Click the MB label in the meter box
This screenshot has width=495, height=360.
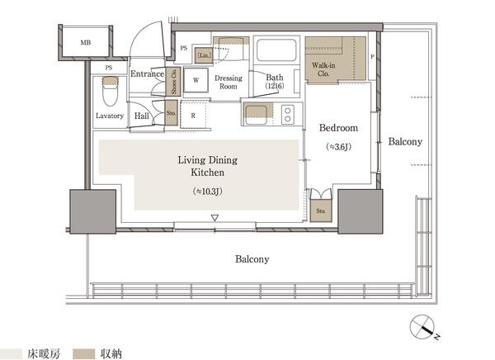pyautogui.click(x=85, y=42)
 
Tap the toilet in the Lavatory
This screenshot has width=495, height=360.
pyautogui.click(x=111, y=91)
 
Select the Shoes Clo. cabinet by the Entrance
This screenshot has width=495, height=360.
pyautogui.click(x=173, y=82)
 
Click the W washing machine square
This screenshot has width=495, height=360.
pyautogui.click(x=196, y=80)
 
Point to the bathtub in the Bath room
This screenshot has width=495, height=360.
pyautogui.click(x=276, y=50)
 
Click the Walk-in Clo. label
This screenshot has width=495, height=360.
pyautogui.click(x=323, y=69)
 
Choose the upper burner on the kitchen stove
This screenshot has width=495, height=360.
pyautogui.click(x=288, y=111)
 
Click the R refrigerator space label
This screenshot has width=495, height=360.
pyautogui.click(x=193, y=116)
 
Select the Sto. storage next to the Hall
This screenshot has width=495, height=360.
pyautogui.click(x=171, y=113)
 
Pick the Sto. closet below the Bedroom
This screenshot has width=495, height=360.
pyautogui.click(x=321, y=211)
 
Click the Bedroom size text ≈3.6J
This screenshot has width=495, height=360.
pyautogui.click(x=339, y=147)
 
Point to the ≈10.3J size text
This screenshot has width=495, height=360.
pyautogui.click(x=207, y=192)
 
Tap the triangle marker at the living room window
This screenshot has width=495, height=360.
pyautogui.click(x=215, y=218)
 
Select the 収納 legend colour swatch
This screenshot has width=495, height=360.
pyautogui.click(x=83, y=353)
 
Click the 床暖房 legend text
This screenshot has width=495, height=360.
pyautogui.click(x=44, y=353)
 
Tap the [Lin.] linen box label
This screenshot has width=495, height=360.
pyautogui.click(x=204, y=55)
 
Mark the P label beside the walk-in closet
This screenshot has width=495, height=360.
pyautogui.click(x=372, y=57)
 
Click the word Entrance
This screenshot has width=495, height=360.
pyautogui.click(x=147, y=73)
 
